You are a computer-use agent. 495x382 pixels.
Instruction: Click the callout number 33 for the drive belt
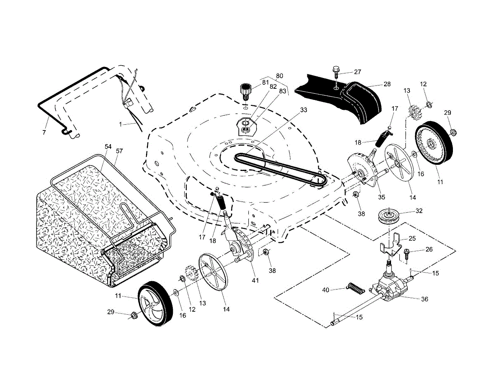(x=304, y=110)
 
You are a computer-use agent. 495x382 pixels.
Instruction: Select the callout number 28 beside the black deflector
(x=387, y=84)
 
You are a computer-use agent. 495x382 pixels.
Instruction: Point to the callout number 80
(x=279, y=76)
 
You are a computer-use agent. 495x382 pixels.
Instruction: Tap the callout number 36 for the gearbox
(x=424, y=299)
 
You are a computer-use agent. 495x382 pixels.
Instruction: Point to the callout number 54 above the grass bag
(x=108, y=147)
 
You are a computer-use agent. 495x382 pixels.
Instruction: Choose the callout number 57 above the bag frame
(x=119, y=151)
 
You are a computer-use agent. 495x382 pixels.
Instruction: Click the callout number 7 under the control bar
(x=44, y=132)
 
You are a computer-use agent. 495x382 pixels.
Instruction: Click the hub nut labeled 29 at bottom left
(x=134, y=316)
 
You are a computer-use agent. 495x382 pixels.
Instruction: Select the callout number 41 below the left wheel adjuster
(x=255, y=280)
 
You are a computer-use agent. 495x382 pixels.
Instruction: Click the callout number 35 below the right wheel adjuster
(x=382, y=197)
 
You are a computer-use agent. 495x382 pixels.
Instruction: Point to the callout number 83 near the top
(x=283, y=91)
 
